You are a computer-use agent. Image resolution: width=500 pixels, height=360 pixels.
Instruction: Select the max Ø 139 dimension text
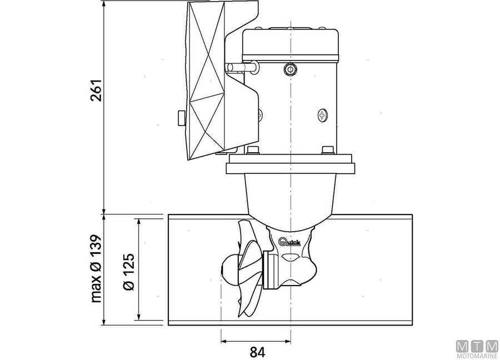(x=96, y=269)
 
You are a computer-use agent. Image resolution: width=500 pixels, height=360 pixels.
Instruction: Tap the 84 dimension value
(x=256, y=352)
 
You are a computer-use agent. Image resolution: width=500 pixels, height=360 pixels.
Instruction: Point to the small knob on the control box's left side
(x=181, y=119)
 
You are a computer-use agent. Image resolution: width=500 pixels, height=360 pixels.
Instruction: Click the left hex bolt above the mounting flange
(x=253, y=151)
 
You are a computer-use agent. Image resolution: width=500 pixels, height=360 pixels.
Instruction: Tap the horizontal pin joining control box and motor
(x=241, y=68)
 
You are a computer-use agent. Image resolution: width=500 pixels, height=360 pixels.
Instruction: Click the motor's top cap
(x=291, y=38)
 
